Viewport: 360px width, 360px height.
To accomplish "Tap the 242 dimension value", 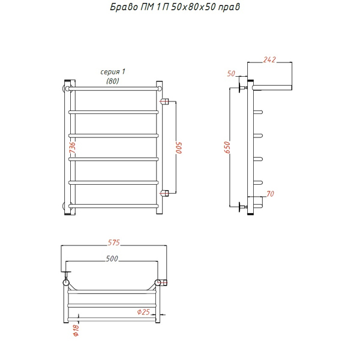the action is pyautogui.click(x=269, y=59).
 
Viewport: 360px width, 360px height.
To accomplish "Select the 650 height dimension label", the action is pyautogui.click(x=227, y=147).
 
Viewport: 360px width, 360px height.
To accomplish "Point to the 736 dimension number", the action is pyautogui.click(x=72, y=148).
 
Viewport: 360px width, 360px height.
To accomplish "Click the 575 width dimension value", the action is pyautogui.click(x=114, y=242).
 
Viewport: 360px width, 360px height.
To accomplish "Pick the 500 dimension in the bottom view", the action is pyautogui.click(x=112, y=259).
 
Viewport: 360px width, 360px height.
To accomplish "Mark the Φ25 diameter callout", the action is pyautogui.click(x=143, y=312).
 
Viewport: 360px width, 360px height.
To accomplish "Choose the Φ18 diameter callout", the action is pyautogui.click(x=76, y=330).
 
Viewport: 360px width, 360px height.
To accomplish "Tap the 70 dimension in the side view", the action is pyautogui.click(x=270, y=194).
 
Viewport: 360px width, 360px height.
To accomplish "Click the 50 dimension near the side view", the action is pyautogui.click(x=231, y=73).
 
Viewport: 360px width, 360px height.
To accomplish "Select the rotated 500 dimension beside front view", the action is pyautogui.click(x=179, y=148).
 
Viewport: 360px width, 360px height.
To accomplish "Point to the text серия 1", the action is pyautogui.click(x=113, y=71).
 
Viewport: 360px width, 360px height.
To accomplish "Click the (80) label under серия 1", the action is pyautogui.click(x=113, y=81).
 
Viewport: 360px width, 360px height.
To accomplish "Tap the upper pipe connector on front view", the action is pyautogui.click(x=164, y=101).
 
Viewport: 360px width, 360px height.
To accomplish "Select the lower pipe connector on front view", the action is pyautogui.click(x=164, y=193).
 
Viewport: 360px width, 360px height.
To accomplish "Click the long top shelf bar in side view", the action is pyautogui.click(x=272, y=88).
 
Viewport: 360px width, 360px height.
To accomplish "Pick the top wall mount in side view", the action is pyautogui.click(x=243, y=88).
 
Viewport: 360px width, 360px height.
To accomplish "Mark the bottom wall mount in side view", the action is pyautogui.click(x=243, y=207).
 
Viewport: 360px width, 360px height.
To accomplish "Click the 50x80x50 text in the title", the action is pyautogui.click(x=193, y=7).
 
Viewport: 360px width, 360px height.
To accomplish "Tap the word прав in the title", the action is pyautogui.click(x=229, y=7).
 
